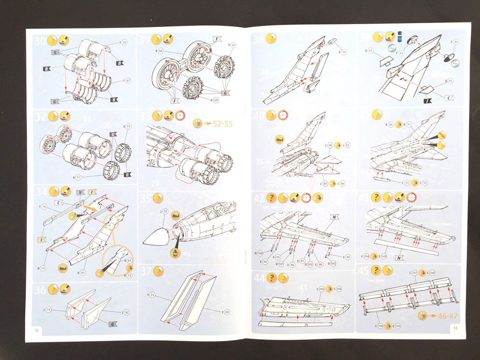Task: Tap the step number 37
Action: click(146, 272)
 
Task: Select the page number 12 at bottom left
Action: click(37, 331)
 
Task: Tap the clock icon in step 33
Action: click(180, 116)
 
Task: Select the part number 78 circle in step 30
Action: click(124, 43)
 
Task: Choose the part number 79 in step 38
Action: click(344, 52)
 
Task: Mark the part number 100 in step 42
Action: click(260, 253)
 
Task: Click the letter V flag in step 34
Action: click(80, 193)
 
